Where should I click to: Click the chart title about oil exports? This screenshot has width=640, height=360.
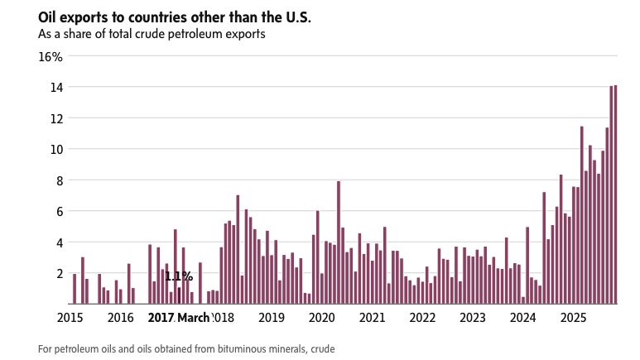(175, 17)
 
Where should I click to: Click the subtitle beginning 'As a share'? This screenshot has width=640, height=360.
(153, 35)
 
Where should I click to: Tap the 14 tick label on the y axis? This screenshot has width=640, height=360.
(55, 87)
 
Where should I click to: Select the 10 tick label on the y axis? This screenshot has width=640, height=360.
(55, 149)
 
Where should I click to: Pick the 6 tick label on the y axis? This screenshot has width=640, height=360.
(58, 211)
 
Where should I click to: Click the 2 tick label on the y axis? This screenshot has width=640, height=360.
(58, 273)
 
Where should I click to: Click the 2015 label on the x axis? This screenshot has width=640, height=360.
(70, 318)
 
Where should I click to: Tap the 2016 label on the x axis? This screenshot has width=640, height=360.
(121, 318)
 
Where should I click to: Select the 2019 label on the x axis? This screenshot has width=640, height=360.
(272, 318)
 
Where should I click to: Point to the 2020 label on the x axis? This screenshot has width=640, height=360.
(321, 318)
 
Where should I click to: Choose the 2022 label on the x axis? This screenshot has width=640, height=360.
(422, 318)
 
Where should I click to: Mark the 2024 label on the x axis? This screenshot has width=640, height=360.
(522, 318)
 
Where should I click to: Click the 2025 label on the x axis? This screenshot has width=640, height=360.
(573, 318)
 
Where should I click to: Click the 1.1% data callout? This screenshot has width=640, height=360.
(179, 277)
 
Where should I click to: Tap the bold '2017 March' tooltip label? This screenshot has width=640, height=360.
(179, 318)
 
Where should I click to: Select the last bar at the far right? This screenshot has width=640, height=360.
(615, 194)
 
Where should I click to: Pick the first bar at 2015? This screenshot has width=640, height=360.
(75, 289)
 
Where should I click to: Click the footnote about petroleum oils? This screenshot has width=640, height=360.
(186, 349)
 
